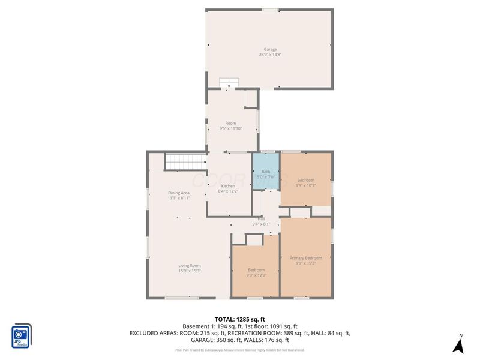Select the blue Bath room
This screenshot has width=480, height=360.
click(265, 172)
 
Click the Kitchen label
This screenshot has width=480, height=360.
click(228, 186)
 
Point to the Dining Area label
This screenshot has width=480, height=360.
click(179, 193)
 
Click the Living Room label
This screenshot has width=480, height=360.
click(189, 265)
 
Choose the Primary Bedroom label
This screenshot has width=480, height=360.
click(306, 258)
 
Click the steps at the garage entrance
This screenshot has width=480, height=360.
click(229, 83)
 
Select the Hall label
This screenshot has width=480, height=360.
click(261, 219)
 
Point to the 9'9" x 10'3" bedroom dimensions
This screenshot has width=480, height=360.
click(306, 185)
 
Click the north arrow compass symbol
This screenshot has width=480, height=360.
click(459, 344)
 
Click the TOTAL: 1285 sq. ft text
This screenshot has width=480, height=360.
click(240, 319)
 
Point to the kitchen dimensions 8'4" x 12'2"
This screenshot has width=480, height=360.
click(228, 191)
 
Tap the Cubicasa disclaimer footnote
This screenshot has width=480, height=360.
click(240, 350)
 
